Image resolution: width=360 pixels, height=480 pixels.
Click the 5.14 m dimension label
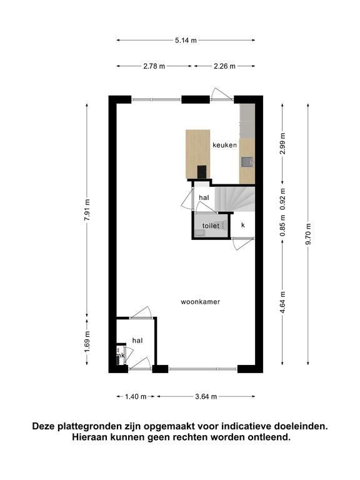[x=186, y=40]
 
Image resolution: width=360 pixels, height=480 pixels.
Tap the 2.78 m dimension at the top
[x=154, y=66]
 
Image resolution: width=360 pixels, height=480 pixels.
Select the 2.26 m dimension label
[x=224, y=66]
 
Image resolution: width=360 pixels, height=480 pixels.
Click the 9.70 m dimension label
[x=308, y=234]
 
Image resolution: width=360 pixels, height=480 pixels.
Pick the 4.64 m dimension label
[x=282, y=302]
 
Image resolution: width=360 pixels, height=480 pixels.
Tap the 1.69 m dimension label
[x=87, y=342]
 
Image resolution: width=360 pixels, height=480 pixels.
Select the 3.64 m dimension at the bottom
[x=206, y=397]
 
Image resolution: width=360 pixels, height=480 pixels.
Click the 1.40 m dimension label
[x=136, y=397]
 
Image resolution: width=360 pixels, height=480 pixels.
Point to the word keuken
[x=225, y=145]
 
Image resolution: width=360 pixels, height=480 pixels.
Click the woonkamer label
[x=200, y=302]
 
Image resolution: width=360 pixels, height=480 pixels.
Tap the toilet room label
[x=211, y=226]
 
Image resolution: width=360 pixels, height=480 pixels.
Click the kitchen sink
[x=247, y=162]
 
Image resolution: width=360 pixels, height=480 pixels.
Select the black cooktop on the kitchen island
[x=202, y=171]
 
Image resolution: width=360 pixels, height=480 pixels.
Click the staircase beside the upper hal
[x=235, y=199]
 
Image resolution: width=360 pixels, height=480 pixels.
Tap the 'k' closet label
[x=243, y=225]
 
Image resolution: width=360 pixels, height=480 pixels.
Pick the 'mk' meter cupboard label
[x=120, y=356]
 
